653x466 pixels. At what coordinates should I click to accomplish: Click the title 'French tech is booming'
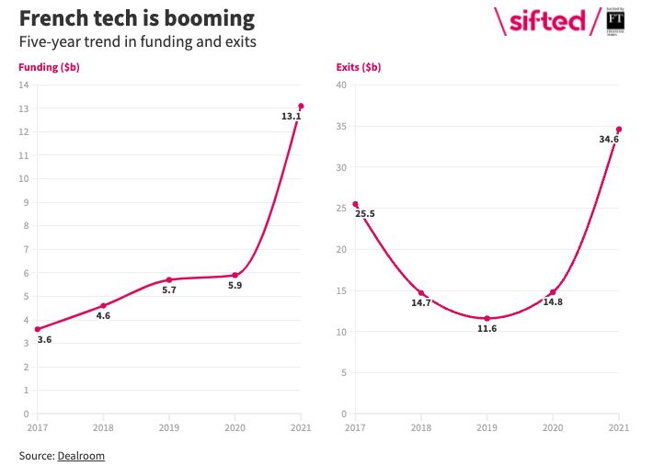point(137,18)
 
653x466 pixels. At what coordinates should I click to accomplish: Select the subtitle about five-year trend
point(137,42)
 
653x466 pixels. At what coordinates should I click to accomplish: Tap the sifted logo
point(546,21)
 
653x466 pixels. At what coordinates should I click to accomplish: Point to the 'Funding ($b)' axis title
point(49,67)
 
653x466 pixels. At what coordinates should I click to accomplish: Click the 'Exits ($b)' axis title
point(359,67)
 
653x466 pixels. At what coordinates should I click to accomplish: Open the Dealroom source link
point(81,455)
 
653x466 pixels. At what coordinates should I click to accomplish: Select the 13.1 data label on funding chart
point(291,117)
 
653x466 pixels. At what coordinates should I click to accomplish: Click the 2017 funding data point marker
point(37,329)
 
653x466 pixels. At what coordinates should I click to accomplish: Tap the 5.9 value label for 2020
point(235,286)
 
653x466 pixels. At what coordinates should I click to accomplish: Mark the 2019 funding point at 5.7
point(169,279)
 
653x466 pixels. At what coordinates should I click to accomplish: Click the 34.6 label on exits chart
point(609,140)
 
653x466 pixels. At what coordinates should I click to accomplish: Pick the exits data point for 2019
point(487,318)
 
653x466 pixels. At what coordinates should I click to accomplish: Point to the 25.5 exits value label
point(365,214)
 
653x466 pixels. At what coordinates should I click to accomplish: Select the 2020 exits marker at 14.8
point(553,292)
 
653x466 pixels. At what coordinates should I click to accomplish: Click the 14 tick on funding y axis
point(24,85)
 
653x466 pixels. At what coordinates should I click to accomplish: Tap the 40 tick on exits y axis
point(341,85)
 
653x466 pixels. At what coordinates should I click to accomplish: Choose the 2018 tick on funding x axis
point(103,427)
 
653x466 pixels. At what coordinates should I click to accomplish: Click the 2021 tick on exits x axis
point(619,427)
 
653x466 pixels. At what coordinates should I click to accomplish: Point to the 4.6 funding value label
point(103,316)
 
